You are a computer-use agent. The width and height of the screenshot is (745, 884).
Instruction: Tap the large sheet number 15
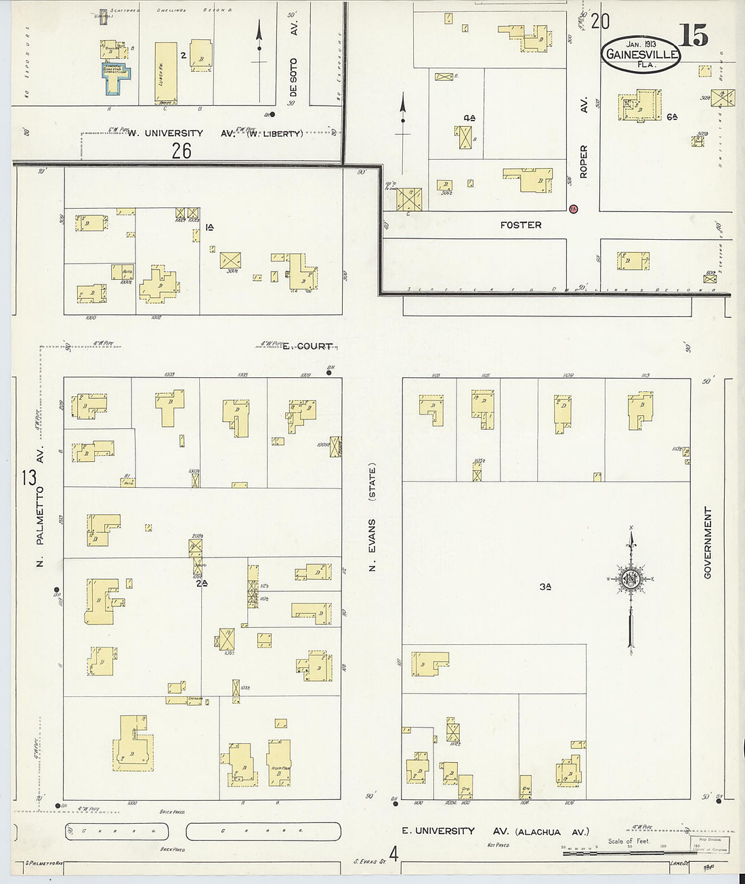coord(694,36)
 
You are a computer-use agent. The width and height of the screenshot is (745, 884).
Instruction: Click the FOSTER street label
coord(521,225)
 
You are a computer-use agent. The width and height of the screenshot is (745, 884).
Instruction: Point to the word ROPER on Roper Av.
coord(583,161)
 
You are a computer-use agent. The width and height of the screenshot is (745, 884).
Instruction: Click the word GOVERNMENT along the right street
coord(708,543)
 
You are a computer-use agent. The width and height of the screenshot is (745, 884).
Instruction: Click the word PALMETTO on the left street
coord(40,513)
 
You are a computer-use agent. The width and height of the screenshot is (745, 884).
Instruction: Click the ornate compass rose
coord(631,579)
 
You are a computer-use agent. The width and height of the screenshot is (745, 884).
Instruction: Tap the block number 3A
coord(545,587)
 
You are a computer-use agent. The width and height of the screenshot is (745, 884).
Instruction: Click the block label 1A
coord(210,228)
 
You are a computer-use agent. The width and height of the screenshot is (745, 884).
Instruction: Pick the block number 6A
coord(671,117)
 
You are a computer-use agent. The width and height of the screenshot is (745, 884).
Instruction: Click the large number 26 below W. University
coord(182,150)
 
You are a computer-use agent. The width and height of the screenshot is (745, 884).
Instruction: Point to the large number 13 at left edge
coord(28,478)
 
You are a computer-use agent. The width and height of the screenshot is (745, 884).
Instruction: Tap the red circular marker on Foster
coord(573,209)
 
